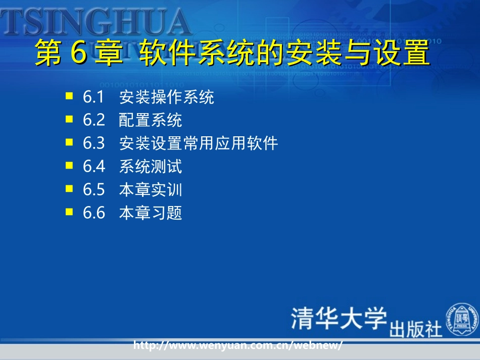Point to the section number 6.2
pos(93,120)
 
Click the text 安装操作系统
pos(167,97)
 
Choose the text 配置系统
pos(151,120)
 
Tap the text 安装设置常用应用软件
pos(199,143)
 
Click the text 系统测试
pos(151,167)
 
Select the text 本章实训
pos(151,190)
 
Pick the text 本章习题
pos(151,213)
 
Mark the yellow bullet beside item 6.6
pos(69,212)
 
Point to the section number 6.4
pos(93,167)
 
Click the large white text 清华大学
pos(339,318)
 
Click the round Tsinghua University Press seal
pos(461,319)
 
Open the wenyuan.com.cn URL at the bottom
pos(238,346)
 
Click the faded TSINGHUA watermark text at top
pos(96,23)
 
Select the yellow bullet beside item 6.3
pos(69,142)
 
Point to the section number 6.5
pos(93,190)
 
